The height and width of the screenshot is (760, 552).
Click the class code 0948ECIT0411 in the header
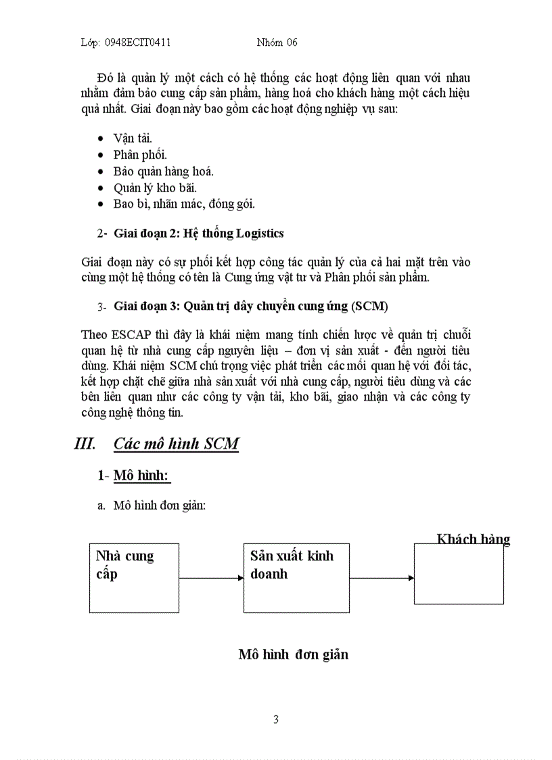(x=138, y=43)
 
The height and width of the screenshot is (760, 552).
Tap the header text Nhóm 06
(x=277, y=43)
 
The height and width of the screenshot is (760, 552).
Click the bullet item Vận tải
(x=133, y=138)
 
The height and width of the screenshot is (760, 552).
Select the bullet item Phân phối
(x=140, y=154)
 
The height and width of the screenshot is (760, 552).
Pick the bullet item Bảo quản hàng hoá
(x=164, y=171)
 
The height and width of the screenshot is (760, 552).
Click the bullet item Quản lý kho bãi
(x=155, y=187)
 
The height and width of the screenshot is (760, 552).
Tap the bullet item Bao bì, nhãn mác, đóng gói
(x=184, y=204)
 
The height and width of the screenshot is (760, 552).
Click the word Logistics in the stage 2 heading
(x=259, y=233)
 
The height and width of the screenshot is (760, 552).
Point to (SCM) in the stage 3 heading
(x=369, y=306)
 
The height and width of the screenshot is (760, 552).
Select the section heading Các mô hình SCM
(x=176, y=444)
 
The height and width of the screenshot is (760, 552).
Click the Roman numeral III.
(x=84, y=444)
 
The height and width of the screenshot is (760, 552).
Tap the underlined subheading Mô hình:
(x=141, y=476)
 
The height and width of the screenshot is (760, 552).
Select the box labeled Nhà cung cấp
(x=134, y=578)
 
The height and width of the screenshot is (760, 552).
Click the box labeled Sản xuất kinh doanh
(x=296, y=578)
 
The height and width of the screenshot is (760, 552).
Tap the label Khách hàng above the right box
(x=473, y=539)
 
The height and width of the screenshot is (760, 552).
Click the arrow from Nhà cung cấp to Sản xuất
(x=211, y=578)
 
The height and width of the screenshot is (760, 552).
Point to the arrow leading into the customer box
(x=382, y=578)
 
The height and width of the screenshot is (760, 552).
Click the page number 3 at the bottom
(x=276, y=719)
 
